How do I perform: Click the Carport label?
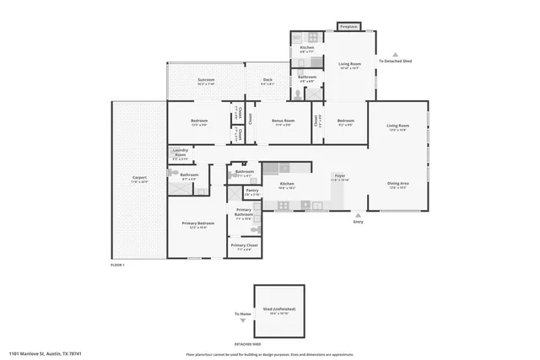tap(139, 179)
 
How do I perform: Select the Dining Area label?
tap(398, 185)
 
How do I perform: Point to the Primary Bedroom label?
tap(197, 225)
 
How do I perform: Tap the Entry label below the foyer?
tap(358, 222)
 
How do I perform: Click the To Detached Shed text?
tap(395, 62)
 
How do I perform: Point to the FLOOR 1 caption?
tap(117, 266)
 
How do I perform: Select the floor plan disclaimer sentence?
tap(269, 355)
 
